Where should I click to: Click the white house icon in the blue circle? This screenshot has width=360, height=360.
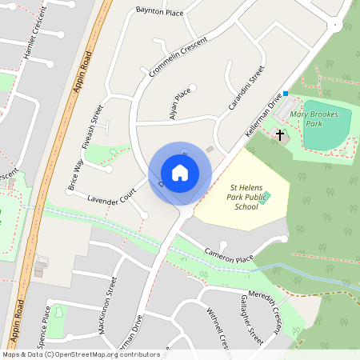pos(180,173)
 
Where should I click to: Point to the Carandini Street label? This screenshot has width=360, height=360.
pos(246,90)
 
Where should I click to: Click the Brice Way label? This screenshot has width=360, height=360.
pos(75,173)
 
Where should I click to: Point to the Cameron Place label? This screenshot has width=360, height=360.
pos(229,254)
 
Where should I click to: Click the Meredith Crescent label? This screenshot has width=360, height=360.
pos(266,305)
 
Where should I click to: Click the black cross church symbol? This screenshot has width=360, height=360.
pos(280,134)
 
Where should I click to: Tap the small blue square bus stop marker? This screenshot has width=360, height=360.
pos(286,94)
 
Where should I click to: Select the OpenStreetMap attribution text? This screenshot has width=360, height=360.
pos(80,354)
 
